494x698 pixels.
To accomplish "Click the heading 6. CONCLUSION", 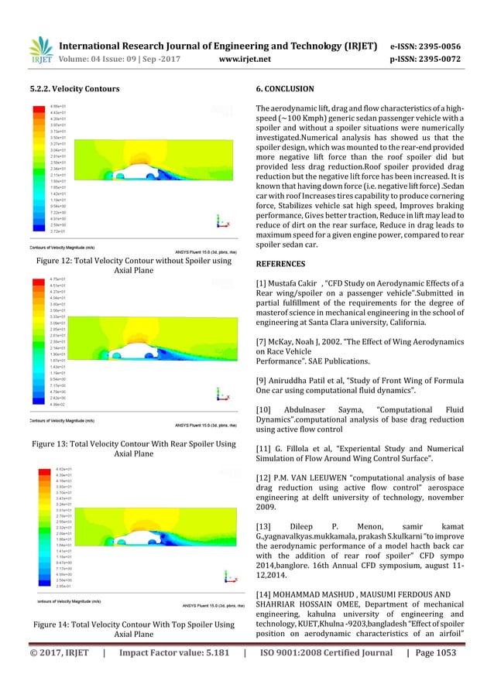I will pos(285,89).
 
